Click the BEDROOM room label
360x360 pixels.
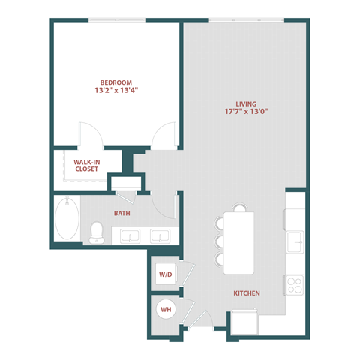coord(116,82)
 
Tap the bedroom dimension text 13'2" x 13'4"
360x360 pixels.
coord(116,91)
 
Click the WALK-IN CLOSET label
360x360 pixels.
coord(86,165)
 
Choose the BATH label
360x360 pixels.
coord(122,214)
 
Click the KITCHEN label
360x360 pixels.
coord(246,293)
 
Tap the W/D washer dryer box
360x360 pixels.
coord(164,274)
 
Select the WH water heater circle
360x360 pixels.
coord(164,308)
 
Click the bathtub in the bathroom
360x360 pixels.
coord(66,218)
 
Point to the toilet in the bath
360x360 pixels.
coord(95,233)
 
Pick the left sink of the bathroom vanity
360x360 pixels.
coord(130,236)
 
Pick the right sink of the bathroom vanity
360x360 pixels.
coord(160,236)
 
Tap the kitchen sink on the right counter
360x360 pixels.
coord(295,241)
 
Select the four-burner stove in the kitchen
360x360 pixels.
coord(295,285)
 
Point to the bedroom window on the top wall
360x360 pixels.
coord(116,20)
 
